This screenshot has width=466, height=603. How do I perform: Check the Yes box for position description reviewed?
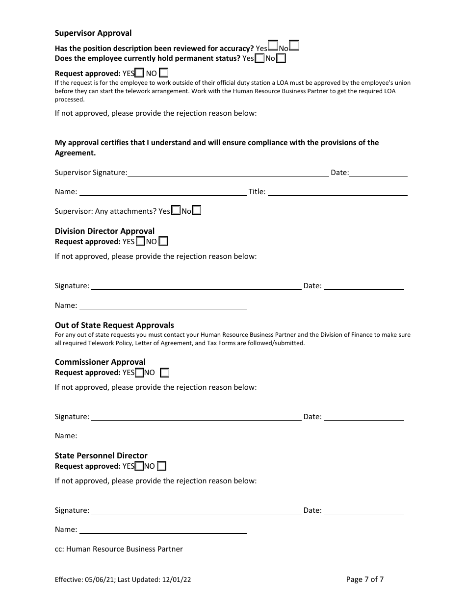coord(273,46)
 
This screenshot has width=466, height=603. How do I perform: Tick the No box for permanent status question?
coord(281,59)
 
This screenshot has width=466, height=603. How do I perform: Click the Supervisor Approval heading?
coord(93,33)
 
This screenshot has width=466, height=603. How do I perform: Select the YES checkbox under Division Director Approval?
coord(140,241)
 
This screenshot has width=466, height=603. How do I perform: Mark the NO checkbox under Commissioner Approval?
coord(165,373)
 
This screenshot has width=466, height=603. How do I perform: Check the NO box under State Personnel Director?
coord(161,466)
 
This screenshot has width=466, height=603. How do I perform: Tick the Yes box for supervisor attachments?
coord(176,211)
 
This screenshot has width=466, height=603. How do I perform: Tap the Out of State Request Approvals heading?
coord(114,325)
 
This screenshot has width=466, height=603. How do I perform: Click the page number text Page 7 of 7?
coord(365,579)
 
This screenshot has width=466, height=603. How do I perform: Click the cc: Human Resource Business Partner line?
coord(119,549)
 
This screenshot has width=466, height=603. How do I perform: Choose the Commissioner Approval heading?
coord(100,362)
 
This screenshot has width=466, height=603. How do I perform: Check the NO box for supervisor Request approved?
coord(164,73)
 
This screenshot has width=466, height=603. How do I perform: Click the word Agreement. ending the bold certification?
coord(75,153)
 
